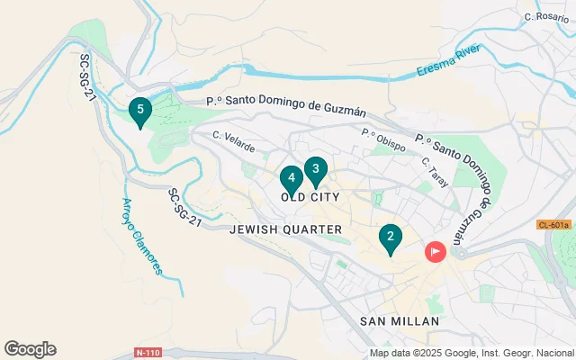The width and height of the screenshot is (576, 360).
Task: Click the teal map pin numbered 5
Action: pyautogui.click(x=139, y=112)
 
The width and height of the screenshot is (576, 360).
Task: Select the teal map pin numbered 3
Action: pyautogui.click(x=315, y=169)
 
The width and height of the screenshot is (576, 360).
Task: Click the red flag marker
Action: pyautogui.click(x=436, y=251)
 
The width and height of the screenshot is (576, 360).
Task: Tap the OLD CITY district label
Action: pyautogui.click(x=310, y=195)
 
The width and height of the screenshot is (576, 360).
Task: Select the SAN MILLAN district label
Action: pyautogui.click(x=399, y=320)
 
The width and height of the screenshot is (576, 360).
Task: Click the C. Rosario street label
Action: pyautogui.click(x=547, y=16)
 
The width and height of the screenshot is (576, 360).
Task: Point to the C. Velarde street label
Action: pyautogui.click(x=234, y=141)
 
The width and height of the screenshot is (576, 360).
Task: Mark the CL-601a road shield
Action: pyautogui.click(x=554, y=225)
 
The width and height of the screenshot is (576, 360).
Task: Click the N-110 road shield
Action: pyautogui.click(x=149, y=351)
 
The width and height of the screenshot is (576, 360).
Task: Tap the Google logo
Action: pyautogui.click(x=30, y=349)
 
